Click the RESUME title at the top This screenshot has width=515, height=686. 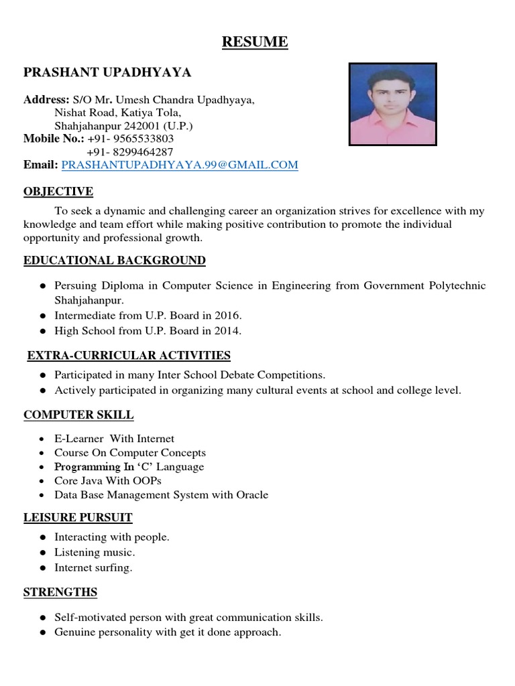255,42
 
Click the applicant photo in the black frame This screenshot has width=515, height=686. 393,105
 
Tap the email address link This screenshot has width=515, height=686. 180,165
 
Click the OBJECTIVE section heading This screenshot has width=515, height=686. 58,192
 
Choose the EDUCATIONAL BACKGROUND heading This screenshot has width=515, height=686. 115,260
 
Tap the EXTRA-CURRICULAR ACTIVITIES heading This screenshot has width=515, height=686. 129,355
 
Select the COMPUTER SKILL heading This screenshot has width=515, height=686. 78,415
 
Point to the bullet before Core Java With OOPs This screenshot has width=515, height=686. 42,481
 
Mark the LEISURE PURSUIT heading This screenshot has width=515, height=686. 78,517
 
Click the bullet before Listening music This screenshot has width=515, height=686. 42,553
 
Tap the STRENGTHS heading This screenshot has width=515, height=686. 60,592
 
